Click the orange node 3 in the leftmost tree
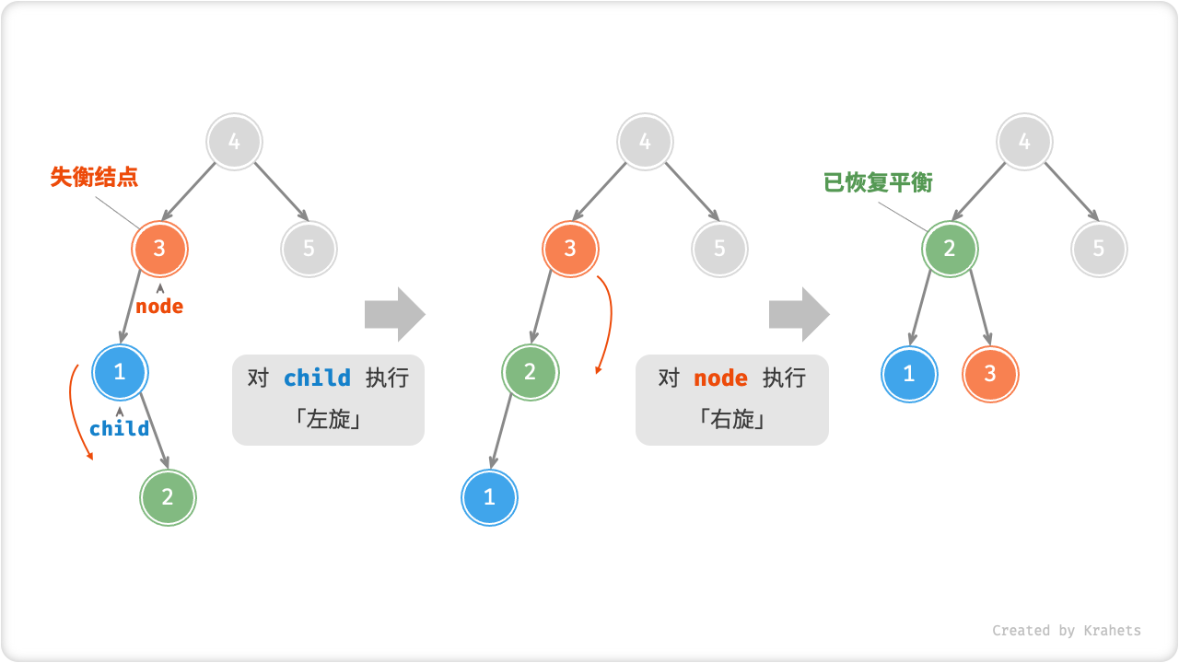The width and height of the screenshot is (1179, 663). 160,249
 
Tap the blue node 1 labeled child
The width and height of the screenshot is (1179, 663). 121,373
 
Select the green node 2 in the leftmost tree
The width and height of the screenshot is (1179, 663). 168,497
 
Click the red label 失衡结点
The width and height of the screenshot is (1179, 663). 94,177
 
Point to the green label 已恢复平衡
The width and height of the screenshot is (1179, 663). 878,182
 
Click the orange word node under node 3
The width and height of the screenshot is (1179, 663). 159,307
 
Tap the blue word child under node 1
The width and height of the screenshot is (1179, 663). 119,428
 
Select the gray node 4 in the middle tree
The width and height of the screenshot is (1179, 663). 645,142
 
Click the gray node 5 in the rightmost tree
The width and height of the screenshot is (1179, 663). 1099,249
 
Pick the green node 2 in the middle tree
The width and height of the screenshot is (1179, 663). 531,373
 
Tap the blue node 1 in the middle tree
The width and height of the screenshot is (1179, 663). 489,497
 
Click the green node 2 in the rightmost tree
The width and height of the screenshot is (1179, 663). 950,249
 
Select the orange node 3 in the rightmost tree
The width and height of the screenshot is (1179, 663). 990,374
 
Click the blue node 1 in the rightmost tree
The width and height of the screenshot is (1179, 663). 909,374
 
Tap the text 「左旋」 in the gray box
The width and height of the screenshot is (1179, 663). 328,420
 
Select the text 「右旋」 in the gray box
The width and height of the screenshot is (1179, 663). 732,420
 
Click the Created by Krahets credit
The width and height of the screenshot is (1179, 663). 1066,631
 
